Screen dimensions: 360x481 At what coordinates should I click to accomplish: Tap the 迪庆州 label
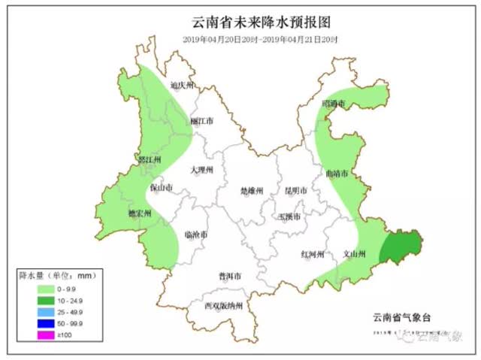point(183,86)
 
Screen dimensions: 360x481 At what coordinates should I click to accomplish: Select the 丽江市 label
point(201,120)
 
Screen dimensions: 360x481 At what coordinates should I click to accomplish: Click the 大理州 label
point(201,171)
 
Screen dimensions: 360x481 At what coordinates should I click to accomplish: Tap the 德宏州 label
point(140,213)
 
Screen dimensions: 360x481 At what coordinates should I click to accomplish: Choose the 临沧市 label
point(196,234)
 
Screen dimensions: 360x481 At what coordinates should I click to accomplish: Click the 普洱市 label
point(229,277)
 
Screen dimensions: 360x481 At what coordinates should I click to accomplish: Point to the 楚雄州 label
point(252,191)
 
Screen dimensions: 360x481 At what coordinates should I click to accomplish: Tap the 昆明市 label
point(295,191)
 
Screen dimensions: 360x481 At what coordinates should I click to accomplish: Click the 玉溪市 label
point(289,216)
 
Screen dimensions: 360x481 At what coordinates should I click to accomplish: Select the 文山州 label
point(352,254)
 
